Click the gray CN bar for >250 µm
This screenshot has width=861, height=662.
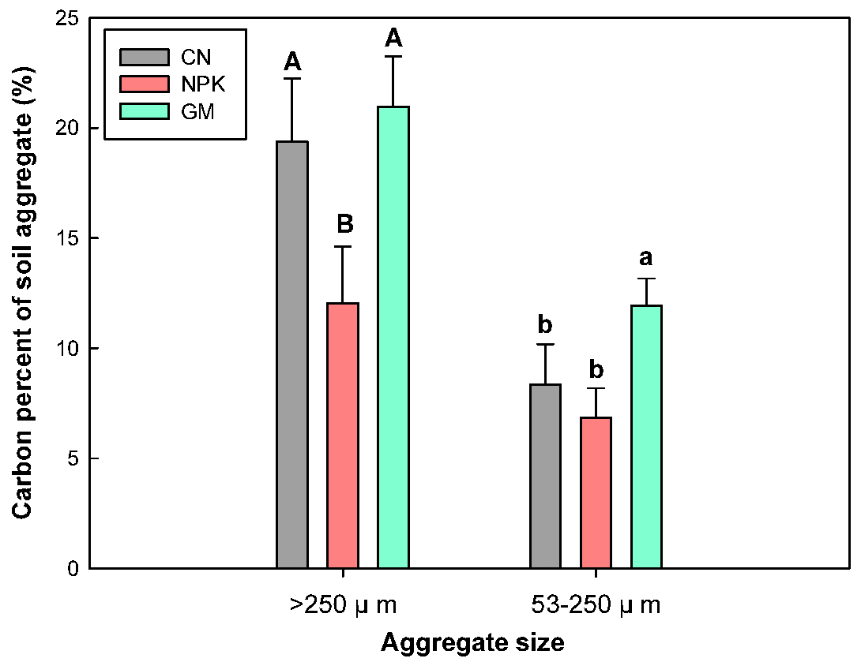click(x=292, y=355)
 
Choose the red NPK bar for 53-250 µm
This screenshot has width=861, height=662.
click(x=596, y=492)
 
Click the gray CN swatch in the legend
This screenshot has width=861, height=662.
click(x=144, y=57)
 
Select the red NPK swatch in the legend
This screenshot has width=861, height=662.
click(x=144, y=84)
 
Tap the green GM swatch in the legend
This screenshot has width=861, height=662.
click(x=144, y=110)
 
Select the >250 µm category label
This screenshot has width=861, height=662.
click(x=342, y=605)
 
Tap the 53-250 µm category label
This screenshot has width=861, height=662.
click(x=595, y=605)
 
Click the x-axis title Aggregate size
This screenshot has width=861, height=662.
click(x=472, y=643)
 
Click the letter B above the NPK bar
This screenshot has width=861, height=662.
click(x=345, y=224)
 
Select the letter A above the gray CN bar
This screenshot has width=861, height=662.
click(x=293, y=61)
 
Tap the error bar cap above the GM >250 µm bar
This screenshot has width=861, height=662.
click(x=393, y=57)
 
